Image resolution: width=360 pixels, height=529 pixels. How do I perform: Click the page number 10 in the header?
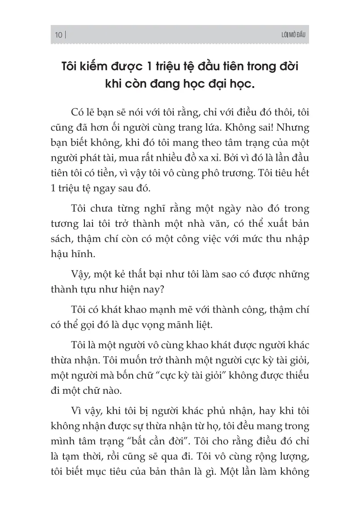coord(58,35)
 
